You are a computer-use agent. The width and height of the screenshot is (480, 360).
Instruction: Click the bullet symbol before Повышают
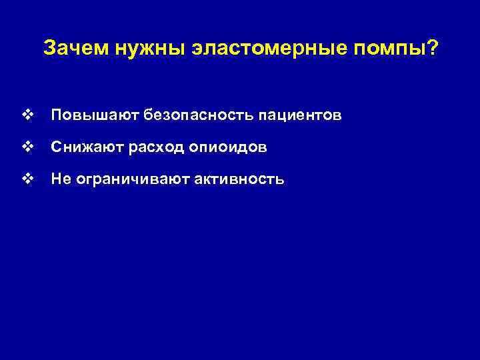[x=27, y=116]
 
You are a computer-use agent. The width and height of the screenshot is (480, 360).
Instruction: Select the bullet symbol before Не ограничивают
[x=27, y=179]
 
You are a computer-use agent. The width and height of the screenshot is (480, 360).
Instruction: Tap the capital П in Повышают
[x=56, y=116]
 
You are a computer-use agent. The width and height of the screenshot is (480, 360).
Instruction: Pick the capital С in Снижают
[x=56, y=148]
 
